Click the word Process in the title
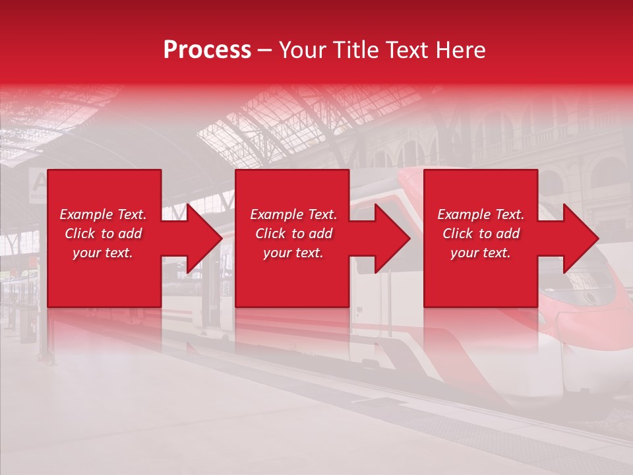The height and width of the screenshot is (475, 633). [207, 50]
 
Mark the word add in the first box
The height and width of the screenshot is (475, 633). [130, 234]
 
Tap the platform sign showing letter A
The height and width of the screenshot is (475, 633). [38, 183]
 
